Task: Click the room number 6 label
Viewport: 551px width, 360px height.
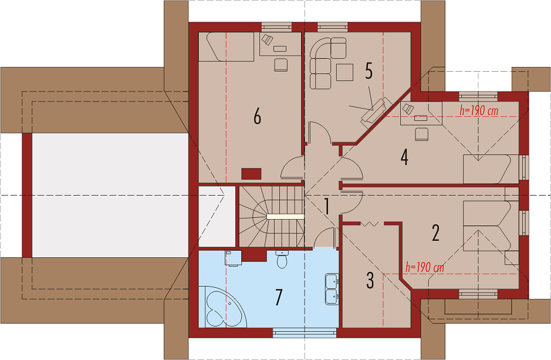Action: click(x=258, y=116)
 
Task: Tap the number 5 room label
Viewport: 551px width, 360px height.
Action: click(x=369, y=71)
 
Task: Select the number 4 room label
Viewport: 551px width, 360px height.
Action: click(x=404, y=157)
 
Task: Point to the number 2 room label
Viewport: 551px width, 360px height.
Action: click(x=436, y=233)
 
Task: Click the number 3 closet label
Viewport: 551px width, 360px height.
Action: click(x=370, y=280)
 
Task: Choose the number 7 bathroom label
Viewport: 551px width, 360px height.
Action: click(x=279, y=297)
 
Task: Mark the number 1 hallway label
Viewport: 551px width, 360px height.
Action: click(x=327, y=206)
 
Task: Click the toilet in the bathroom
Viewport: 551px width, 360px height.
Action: click(x=282, y=259)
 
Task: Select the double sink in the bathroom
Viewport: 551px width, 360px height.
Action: click(x=332, y=289)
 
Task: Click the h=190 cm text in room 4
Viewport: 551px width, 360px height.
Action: click(x=479, y=110)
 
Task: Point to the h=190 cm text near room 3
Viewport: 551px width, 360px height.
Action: click(x=424, y=267)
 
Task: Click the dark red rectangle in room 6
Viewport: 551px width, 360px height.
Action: click(x=251, y=174)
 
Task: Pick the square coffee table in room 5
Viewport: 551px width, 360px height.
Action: click(x=344, y=72)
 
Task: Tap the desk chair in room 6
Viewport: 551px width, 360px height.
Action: click(x=280, y=65)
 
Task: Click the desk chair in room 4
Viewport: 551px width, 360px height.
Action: click(x=422, y=134)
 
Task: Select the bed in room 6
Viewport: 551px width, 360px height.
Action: click(x=227, y=47)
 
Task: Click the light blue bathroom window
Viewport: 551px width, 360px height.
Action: click(x=305, y=333)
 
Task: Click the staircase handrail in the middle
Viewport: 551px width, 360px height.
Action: click(x=285, y=217)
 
